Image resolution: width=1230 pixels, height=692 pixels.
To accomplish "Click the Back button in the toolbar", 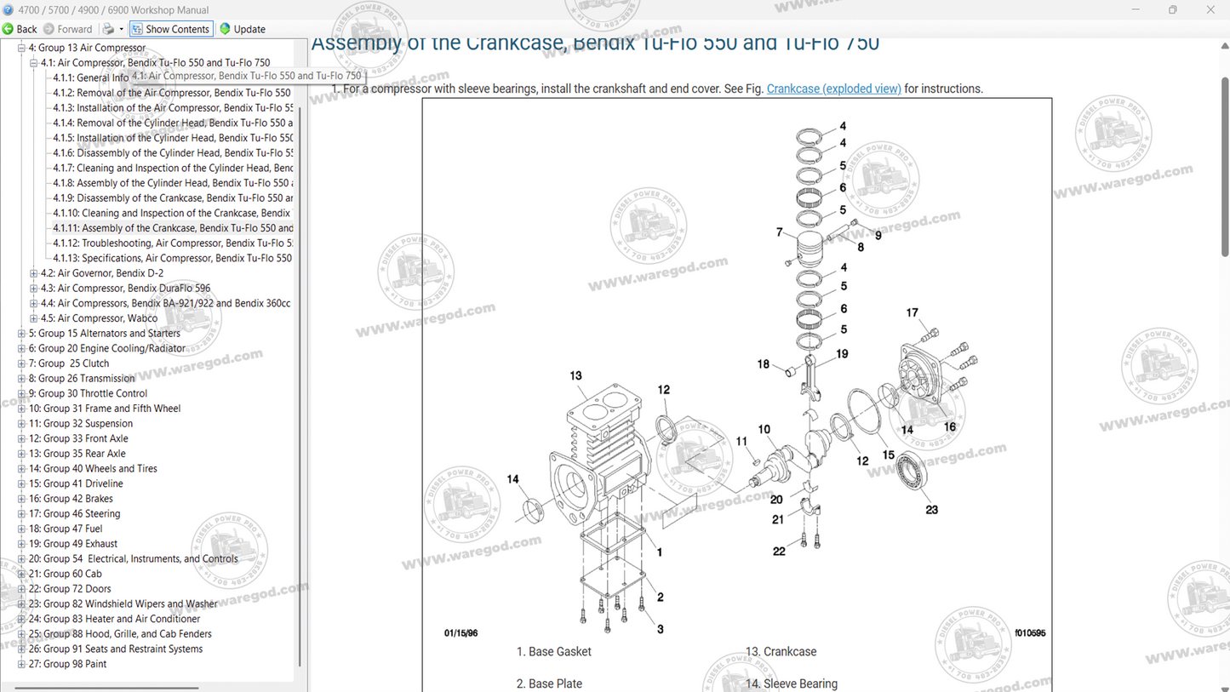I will pos(20,29).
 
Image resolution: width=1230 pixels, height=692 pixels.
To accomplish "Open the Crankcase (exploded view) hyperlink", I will pos(833,89).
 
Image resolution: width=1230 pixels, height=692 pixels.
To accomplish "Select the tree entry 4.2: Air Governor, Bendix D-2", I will pos(110,273).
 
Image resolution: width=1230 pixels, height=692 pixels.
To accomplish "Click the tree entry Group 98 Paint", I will pos(67,664).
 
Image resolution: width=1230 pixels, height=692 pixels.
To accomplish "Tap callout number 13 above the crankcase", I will pos(575,375).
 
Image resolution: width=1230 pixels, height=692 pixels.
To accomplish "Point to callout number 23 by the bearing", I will pos(931,510).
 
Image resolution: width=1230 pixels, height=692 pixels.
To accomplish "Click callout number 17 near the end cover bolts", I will pos(912,312).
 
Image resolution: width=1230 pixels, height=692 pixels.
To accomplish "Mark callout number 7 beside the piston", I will pos(779,232).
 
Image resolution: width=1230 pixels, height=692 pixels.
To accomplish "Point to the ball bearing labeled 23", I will pos(910,470).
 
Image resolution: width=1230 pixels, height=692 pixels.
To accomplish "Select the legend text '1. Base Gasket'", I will pos(553,652).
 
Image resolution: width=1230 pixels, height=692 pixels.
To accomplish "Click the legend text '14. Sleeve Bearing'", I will pos(791,683).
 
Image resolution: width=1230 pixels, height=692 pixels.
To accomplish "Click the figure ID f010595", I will pos(1029,633).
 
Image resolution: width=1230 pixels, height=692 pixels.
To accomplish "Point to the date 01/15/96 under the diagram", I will pos(461,633).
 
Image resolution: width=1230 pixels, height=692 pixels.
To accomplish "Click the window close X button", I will pos(1210,9).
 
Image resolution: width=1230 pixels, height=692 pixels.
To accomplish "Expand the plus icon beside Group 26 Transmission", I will pos(21,379).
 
